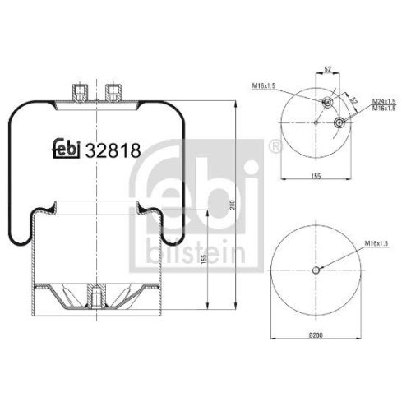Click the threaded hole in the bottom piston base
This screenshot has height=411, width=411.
coord(96,294)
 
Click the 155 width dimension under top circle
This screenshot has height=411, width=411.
coord(316,176)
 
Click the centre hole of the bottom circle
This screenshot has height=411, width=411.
coord(317,272)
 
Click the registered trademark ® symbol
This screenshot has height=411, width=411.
coord(275,148)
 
